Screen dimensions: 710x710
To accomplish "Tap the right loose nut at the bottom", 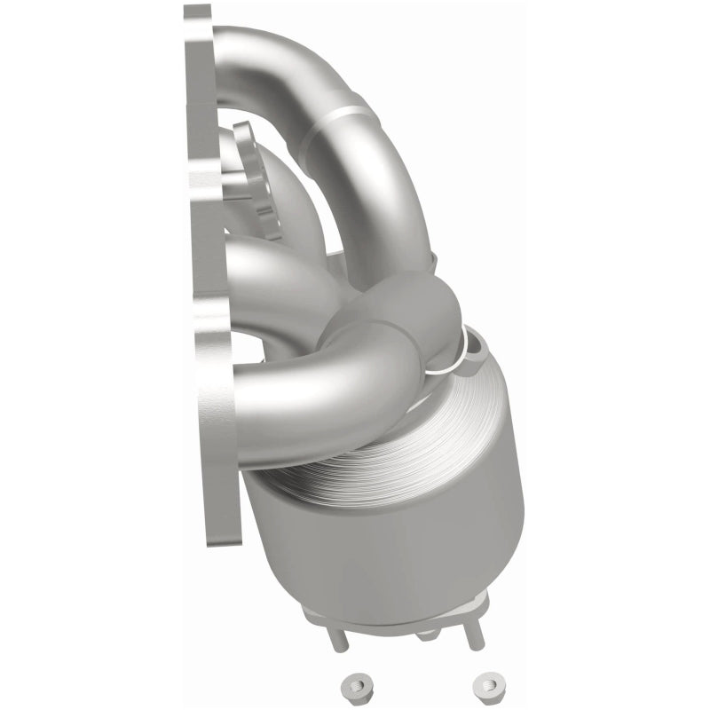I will point(487,683).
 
